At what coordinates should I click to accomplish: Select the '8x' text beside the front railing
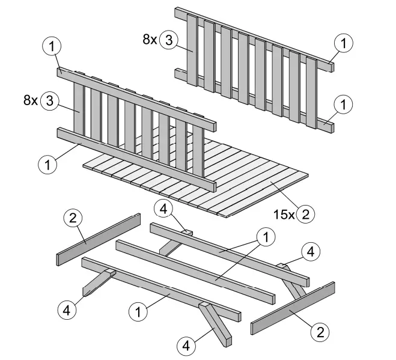pos(29,100)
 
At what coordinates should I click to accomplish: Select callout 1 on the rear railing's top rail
pos(344,43)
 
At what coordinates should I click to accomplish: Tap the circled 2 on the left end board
pos(72,219)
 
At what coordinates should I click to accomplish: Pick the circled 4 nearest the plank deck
pos(163,209)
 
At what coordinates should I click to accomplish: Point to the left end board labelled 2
pos(98,239)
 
